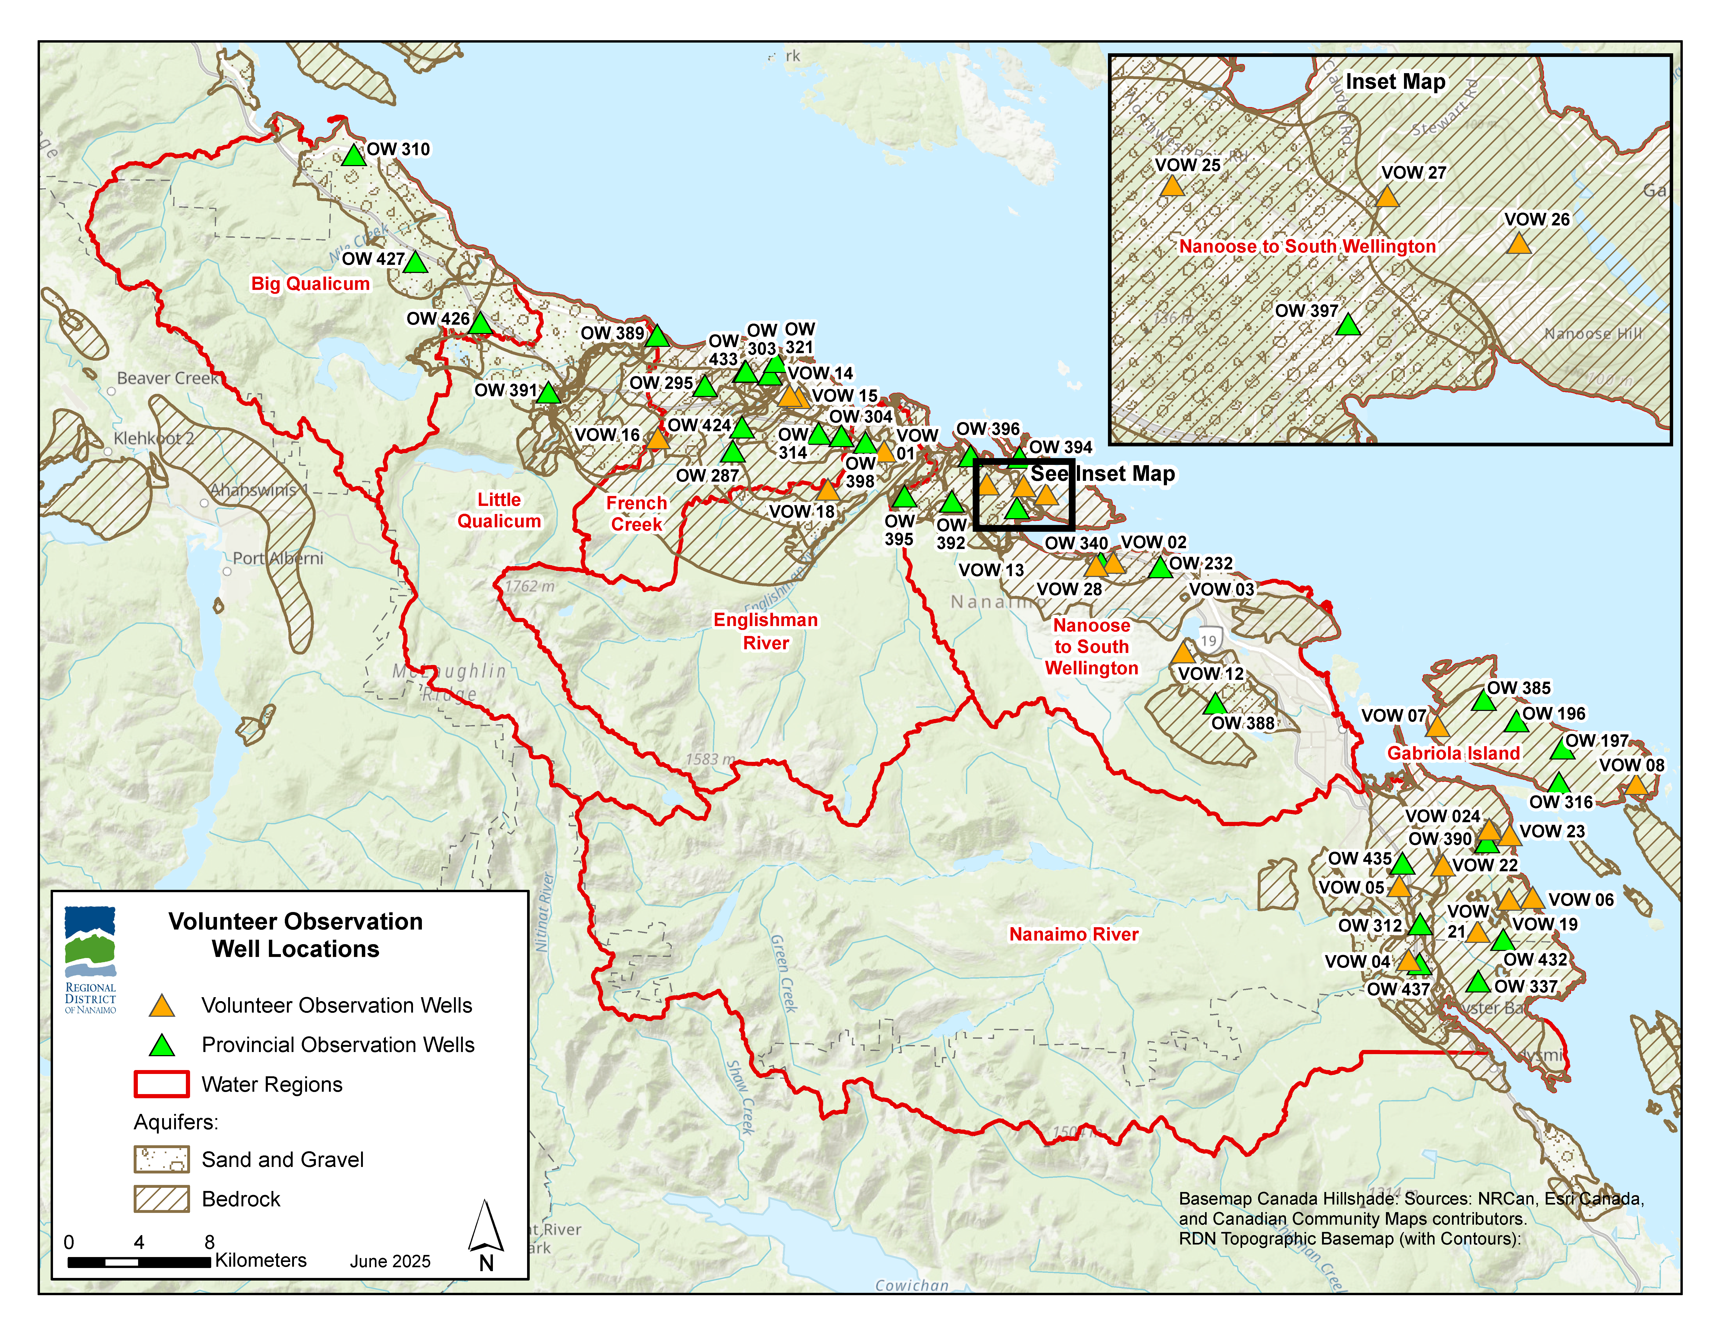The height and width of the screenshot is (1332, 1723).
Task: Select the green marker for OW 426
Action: (480, 324)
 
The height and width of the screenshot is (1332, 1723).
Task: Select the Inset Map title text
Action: (1395, 82)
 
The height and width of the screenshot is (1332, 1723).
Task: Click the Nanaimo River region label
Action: (1074, 934)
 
